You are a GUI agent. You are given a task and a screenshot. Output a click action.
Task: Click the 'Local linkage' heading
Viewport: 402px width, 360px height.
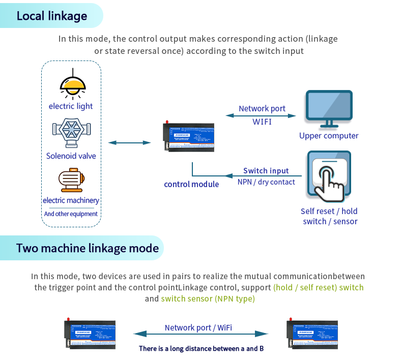[x=52, y=16]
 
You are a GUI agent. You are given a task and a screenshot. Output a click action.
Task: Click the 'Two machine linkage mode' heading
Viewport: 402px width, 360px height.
[x=88, y=249]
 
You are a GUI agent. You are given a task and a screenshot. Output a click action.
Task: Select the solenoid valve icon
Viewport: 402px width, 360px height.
[x=71, y=134]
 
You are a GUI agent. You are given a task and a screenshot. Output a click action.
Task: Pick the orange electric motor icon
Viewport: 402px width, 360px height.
[x=71, y=181]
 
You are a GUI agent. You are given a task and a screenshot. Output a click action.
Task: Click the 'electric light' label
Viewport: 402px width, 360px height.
[x=71, y=106]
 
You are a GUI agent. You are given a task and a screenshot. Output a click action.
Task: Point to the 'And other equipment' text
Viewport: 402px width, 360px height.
[x=71, y=214]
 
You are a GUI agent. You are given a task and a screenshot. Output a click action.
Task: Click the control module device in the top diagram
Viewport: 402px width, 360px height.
[x=189, y=137]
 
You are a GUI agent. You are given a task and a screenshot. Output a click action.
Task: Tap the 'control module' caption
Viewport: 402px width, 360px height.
[x=191, y=184]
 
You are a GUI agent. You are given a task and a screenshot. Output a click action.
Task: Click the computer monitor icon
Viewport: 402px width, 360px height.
[x=329, y=108]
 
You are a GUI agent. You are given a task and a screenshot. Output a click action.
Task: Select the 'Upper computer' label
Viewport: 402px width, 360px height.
[x=329, y=136]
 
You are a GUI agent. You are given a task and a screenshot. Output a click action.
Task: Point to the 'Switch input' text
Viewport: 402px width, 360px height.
[x=266, y=171]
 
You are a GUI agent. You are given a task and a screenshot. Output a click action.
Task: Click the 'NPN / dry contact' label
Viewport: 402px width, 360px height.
[x=266, y=182]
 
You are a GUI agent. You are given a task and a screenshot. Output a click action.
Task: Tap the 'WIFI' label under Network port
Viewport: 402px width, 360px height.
[x=262, y=122]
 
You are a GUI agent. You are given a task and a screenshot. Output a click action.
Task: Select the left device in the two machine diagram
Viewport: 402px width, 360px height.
[x=90, y=334]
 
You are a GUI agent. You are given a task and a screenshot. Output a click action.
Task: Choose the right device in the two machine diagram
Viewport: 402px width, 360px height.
[x=311, y=334]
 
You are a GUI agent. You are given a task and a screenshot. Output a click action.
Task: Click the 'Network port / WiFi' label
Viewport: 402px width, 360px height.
[x=198, y=328]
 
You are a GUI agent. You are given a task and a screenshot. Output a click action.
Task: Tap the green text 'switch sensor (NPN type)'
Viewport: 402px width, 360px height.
[x=208, y=298]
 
